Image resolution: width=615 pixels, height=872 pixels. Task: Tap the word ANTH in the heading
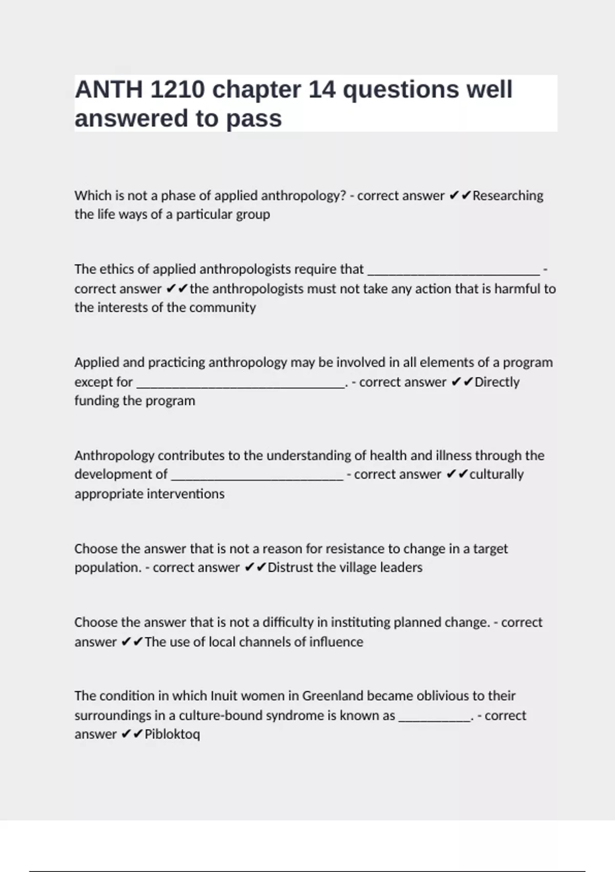coord(109,90)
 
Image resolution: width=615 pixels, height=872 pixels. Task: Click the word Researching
coord(508,195)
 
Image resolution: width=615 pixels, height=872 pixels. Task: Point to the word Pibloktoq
coord(172,734)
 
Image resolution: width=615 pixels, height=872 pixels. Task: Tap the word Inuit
coord(224,696)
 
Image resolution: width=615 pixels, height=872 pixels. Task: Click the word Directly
coord(497,382)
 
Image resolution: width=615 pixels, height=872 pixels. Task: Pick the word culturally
coord(497,474)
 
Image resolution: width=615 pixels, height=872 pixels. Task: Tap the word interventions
coord(186,493)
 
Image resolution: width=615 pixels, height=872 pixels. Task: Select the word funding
coord(94,401)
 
